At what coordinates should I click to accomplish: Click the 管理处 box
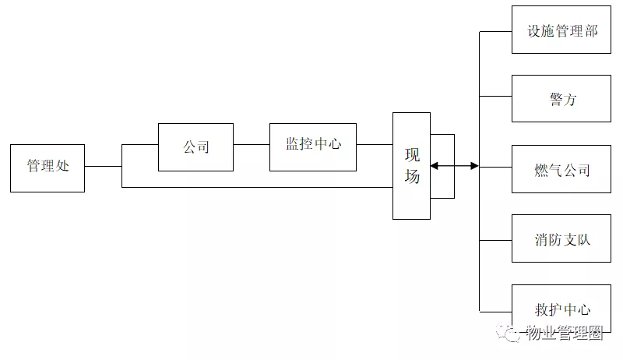[48, 167]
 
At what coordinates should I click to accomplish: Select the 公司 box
[195, 146]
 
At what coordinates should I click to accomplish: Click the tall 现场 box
[411, 165]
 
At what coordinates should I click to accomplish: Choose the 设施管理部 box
[561, 30]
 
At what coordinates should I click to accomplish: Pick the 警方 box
[561, 99]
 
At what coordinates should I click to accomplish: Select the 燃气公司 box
[561, 168]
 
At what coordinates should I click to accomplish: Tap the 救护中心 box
[561, 309]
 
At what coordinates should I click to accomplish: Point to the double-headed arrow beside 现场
[455, 166]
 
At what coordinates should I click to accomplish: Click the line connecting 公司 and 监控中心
[252, 144]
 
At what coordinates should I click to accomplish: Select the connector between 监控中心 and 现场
[375, 144]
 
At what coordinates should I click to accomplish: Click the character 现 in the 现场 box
[412, 153]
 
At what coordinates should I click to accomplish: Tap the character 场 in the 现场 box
[412, 177]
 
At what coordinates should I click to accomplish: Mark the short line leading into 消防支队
[495, 238]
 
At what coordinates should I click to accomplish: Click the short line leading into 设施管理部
[495, 31]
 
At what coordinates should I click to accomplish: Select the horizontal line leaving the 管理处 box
[103, 166]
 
